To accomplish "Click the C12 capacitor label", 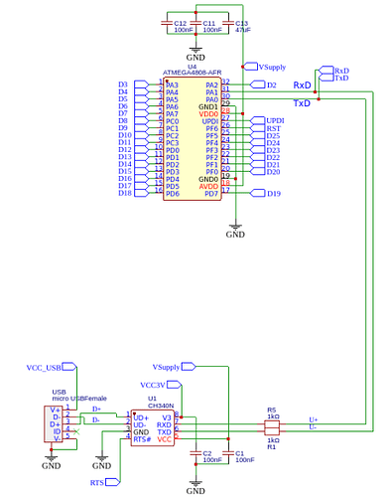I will [180, 23].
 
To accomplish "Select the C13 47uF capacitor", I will [230, 26].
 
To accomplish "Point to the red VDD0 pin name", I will [208, 114].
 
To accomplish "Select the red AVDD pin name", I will [208, 185].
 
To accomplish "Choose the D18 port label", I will [125, 193].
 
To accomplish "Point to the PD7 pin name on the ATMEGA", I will [210, 193].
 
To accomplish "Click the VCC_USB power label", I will [44, 368].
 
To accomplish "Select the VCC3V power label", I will [153, 385].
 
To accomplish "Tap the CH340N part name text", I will [160, 407].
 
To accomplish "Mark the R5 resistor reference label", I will [271, 410].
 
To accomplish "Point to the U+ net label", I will [314, 419].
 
